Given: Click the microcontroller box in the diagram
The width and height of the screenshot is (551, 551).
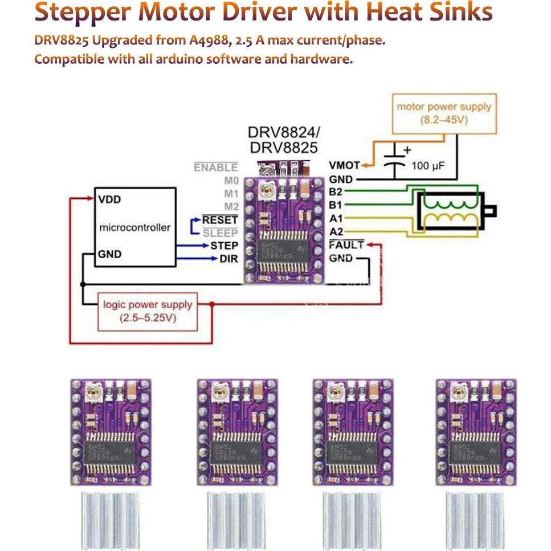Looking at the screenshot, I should pyautogui.click(x=134, y=227).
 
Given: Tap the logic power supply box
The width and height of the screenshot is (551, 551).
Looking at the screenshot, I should pyautogui.click(x=148, y=311).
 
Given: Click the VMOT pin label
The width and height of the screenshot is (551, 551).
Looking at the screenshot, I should pyautogui.click(x=344, y=165).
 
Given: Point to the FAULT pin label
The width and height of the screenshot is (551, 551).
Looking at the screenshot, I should pyautogui.click(x=346, y=245).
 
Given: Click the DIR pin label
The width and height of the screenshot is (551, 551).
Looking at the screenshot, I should pyautogui.click(x=228, y=259).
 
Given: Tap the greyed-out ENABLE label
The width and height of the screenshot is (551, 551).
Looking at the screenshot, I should pyautogui.click(x=215, y=168).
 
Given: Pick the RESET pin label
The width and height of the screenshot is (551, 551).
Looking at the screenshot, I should pyautogui.click(x=220, y=220).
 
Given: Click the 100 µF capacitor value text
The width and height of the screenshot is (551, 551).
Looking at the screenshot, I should pyautogui.click(x=427, y=166).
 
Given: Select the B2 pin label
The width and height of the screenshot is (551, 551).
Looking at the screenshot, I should pyautogui.click(x=336, y=192).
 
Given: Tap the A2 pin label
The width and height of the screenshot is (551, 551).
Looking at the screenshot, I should pyautogui.click(x=336, y=231).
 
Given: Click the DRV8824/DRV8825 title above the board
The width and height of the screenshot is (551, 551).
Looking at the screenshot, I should pyautogui.click(x=283, y=140).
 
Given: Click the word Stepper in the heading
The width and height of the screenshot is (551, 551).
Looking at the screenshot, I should pyautogui.click(x=82, y=13).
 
